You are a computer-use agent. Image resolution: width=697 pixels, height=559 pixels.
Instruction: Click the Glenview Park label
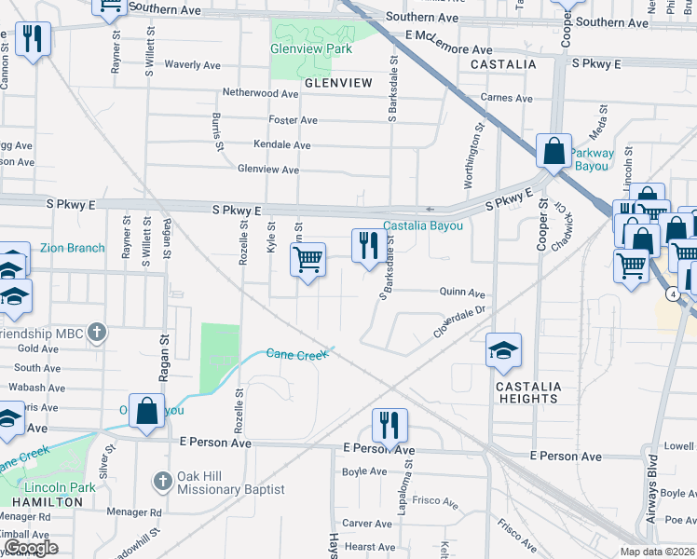[311, 48]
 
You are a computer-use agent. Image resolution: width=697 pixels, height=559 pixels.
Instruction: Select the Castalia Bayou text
[423, 226]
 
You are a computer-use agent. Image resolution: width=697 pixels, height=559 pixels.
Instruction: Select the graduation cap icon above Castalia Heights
[503, 351]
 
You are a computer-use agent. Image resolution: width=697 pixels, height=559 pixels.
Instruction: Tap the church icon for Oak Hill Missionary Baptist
[163, 481]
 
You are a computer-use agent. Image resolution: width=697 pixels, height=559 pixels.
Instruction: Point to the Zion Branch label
[73, 249]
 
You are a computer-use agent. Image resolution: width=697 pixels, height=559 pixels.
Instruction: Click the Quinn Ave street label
[463, 292]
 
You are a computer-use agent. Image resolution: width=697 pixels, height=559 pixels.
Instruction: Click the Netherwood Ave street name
[260, 94]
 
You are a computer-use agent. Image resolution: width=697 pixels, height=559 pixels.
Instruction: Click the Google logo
[30, 548]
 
